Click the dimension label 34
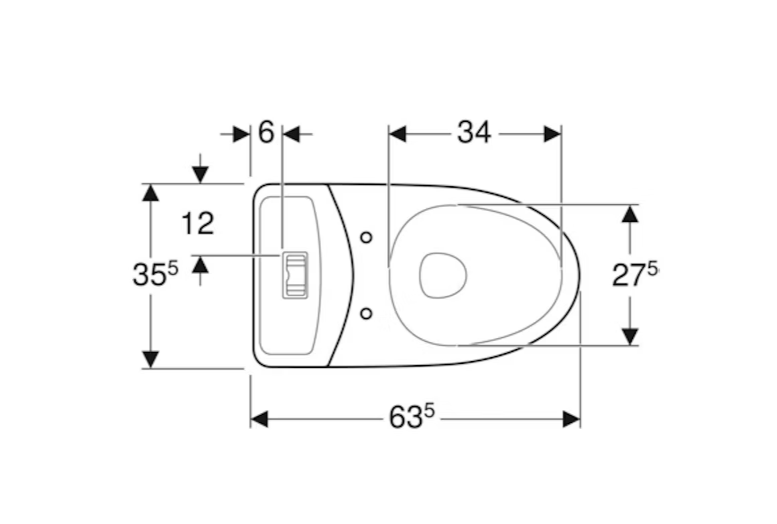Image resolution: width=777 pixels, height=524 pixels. click(x=474, y=132)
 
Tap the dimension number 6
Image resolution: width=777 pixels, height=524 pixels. click(x=266, y=132)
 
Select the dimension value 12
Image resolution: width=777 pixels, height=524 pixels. click(x=198, y=223)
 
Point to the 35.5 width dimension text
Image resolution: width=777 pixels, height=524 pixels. click(x=155, y=274)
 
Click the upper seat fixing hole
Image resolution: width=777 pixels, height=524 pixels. click(x=366, y=238)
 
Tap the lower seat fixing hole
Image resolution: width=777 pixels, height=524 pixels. click(x=366, y=314)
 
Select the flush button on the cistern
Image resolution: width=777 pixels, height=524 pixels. click(x=295, y=275)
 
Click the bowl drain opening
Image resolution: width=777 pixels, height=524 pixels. click(x=443, y=276)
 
